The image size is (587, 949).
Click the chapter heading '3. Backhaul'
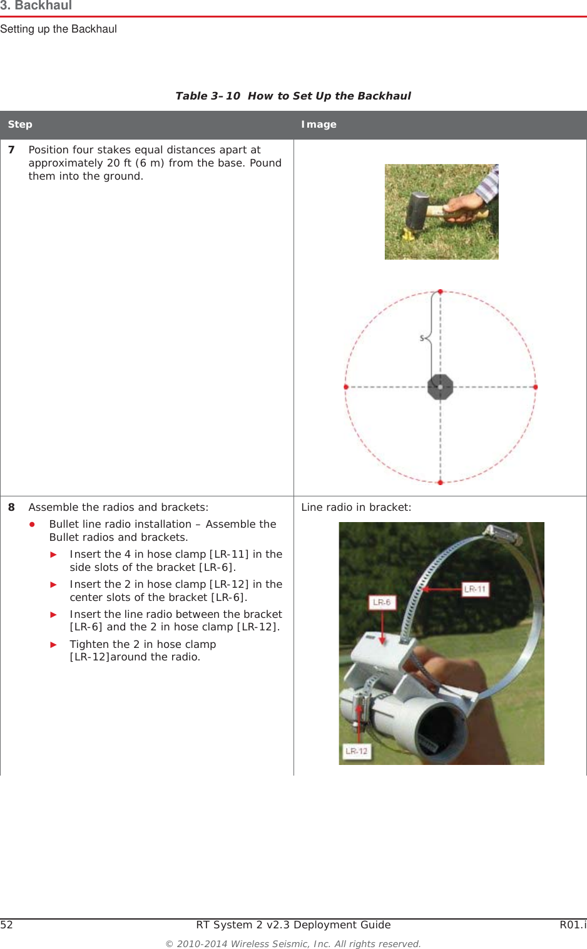tap(36, 6)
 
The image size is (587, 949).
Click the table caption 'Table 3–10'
tap(207, 96)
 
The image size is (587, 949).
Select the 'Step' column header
tap(20, 125)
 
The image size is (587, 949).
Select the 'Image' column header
tap(319, 125)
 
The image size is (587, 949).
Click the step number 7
tap(11, 150)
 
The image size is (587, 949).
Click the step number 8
tap(11, 508)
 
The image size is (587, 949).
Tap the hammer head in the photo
tap(417, 211)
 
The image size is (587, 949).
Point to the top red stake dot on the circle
tap(441, 292)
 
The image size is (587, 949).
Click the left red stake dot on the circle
tap(346, 387)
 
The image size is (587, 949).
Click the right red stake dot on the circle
tap(535, 387)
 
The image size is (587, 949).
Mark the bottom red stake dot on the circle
tap(441, 482)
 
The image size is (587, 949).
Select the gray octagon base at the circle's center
tap(441, 387)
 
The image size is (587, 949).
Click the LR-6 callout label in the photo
tap(382, 602)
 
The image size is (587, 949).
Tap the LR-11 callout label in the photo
tap(475, 589)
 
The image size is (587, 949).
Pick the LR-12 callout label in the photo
tap(357, 751)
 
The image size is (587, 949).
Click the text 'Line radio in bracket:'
tap(356, 508)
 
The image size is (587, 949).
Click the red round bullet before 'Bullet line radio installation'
tap(32, 525)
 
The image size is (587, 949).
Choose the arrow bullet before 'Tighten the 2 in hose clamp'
tap(54, 645)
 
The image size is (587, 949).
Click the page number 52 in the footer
tap(7, 925)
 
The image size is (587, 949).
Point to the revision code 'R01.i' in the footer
tap(573, 925)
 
